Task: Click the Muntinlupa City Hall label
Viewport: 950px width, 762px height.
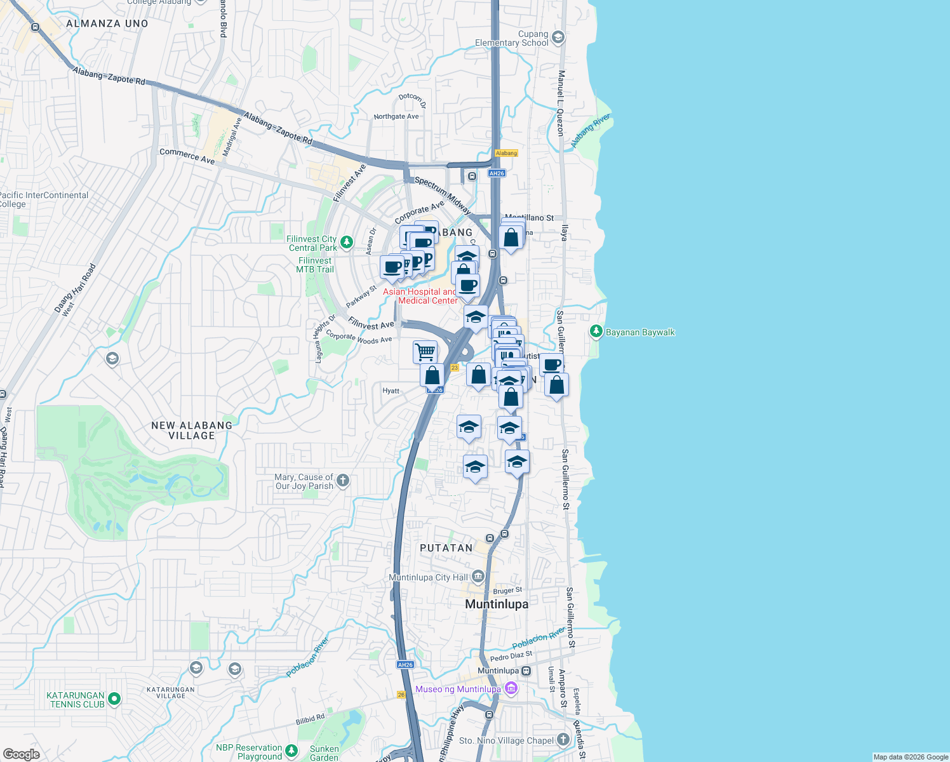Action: (x=428, y=577)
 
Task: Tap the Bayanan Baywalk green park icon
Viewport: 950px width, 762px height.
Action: (x=596, y=331)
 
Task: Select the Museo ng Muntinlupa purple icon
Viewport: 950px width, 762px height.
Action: (x=511, y=689)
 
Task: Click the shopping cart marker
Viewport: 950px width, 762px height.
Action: (x=425, y=351)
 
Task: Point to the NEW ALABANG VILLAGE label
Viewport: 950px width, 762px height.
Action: (x=192, y=431)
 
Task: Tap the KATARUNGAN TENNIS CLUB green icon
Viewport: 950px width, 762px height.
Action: (x=114, y=699)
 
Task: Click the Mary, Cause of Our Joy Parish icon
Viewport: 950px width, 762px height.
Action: (x=343, y=481)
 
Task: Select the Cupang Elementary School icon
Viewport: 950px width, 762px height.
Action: (x=558, y=37)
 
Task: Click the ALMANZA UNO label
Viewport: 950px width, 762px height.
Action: (x=107, y=23)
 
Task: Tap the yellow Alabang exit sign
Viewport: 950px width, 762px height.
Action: (x=506, y=153)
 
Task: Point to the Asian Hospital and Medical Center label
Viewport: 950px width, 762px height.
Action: (x=420, y=296)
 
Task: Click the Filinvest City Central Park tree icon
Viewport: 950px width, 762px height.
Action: (x=346, y=242)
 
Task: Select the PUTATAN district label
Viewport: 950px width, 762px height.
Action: (x=446, y=548)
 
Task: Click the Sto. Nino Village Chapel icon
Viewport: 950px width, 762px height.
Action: (x=563, y=739)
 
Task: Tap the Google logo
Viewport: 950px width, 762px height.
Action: (x=21, y=754)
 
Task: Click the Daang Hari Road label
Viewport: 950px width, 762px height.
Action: (x=76, y=289)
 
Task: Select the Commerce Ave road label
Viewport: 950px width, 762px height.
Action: (x=187, y=156)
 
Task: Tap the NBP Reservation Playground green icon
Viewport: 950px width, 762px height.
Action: (x=291, y=751)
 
